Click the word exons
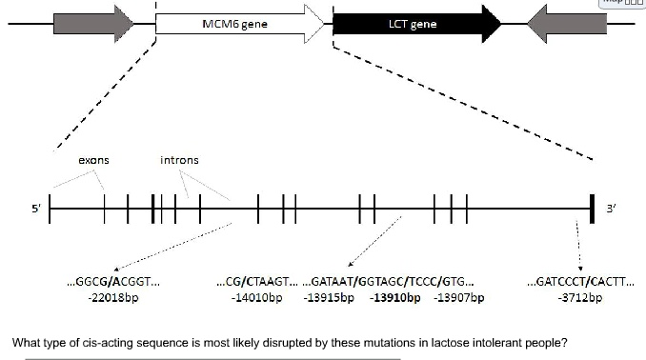(93, 160)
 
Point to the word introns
(179, 160)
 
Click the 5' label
(36, 208)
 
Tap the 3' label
(613, 208)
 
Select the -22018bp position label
(112, 298)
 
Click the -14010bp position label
(257, 298)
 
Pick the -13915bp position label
(329, 298)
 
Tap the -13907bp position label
(459, 298)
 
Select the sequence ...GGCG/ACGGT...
(112, 282)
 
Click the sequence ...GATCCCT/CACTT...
(579, 282)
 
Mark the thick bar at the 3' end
(593, 208)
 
